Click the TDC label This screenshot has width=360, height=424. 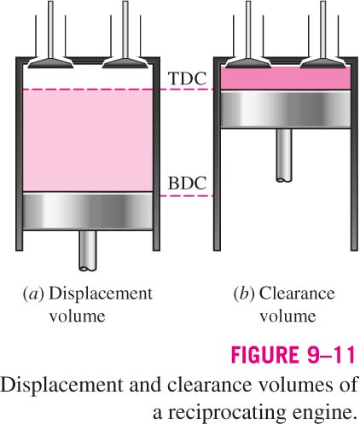coord(187,78)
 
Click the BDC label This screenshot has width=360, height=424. coord(187,183)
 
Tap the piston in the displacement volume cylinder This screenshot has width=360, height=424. coord(88,212)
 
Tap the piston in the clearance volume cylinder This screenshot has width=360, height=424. coord(286,109)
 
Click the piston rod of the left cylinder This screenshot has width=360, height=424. coord(88,250)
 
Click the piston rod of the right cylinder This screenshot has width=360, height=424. coord(284,155)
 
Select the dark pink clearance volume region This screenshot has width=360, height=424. coord(286,78)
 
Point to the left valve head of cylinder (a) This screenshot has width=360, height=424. coord(50,63)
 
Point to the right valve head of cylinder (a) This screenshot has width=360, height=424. coord(125,63)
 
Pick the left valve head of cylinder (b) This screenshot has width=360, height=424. coord(248,63)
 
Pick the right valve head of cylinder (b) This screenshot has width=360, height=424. coord(323,63)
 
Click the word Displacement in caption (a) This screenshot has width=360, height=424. coord(101,294)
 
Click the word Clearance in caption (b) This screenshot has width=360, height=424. coord(297,293)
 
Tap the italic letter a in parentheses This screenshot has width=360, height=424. coord(33,294)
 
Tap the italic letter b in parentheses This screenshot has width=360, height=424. coord(244,293)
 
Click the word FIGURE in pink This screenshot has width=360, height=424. coord(265,355)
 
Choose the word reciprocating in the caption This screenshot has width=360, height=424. coord(227,413)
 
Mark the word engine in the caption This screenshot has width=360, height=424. coord(323,413)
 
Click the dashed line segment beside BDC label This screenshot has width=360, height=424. coord(187,196)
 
